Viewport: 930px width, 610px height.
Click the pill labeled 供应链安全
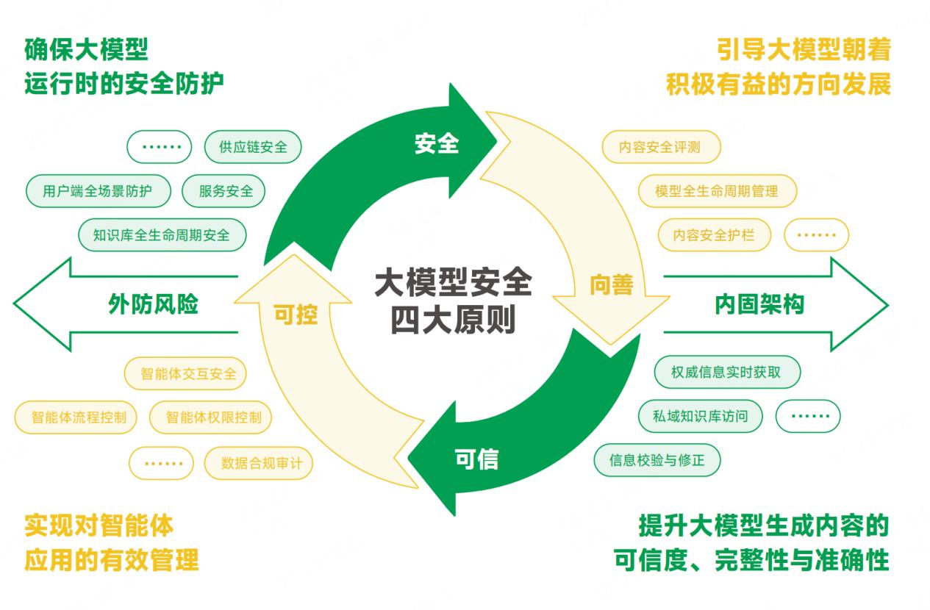(x=253, y=147)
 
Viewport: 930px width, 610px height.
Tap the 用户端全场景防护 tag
(x=98, y=191)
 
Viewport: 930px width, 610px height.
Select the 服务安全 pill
(x=223, y=191)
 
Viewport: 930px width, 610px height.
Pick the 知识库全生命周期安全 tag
(x=162, y=235)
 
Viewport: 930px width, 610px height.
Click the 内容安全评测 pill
(x=659, y=147)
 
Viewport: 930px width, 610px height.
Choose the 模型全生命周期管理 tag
(x=717, y=191)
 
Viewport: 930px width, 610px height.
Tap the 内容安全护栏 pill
(x=714, y=236)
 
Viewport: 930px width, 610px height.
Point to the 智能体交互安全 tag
(x=189, y=373)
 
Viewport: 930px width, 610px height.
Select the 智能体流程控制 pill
(x=79, y=417)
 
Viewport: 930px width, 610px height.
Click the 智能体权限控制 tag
(x=211, y=417)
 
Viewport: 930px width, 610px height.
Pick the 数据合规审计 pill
(x=257, y=463)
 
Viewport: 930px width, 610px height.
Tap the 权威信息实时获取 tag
(x=726, y=372)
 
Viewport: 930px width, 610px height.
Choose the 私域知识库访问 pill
(x=700, y=416)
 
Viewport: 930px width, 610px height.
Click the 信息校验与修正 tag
(x=657, y=461)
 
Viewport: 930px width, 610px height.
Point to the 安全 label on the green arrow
(x=437, y=143)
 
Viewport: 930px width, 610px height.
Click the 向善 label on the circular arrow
(x=612, y=285)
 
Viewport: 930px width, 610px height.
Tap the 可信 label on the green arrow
(x=476, y=459)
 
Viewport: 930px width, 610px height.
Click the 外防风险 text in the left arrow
(x=154, y=304)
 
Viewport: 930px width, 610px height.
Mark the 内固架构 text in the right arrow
(x=759, y=304)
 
